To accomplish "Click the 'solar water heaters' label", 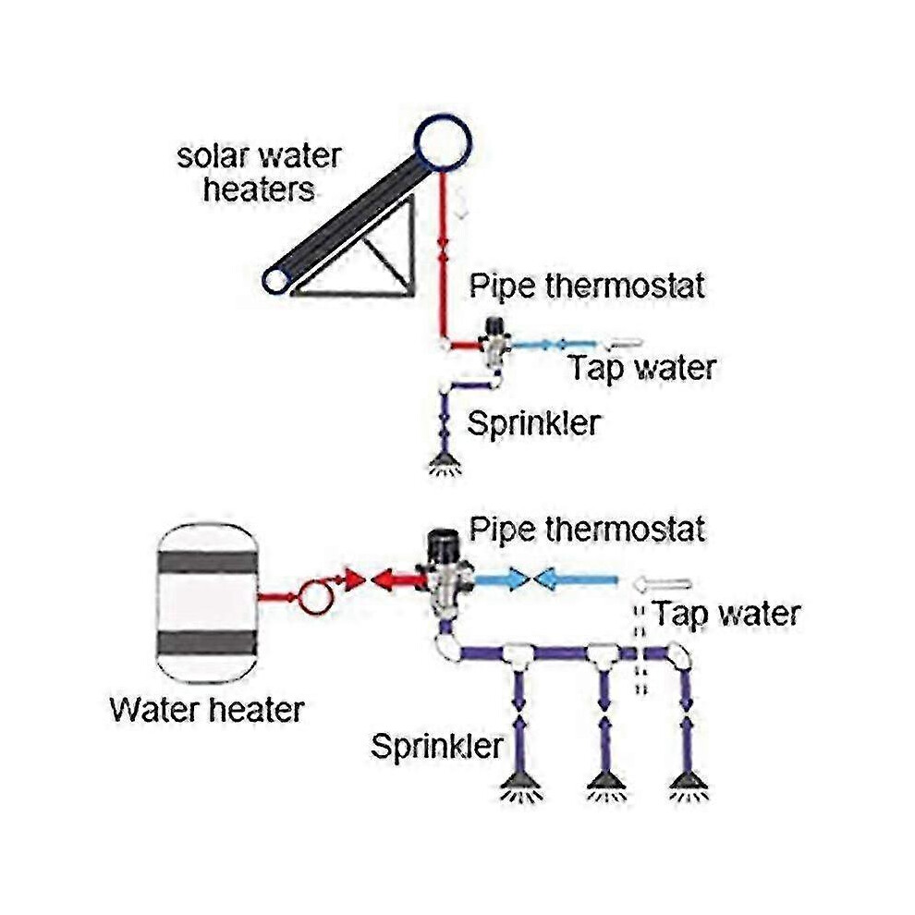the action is pyautogui.click(x=259, y=174).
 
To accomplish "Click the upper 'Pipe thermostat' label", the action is pyautogui.click(x=587, y=286).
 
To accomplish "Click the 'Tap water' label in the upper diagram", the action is pyautogui.click(x=642, y=368).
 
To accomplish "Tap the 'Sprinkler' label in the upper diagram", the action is pyautogui.click(x=533, y=423).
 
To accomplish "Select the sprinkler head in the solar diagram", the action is pyautogui.click(x=445, y=465).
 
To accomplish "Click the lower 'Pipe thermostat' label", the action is pyautogui.click(x=587, y=530).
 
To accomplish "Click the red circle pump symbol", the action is pyautogui.click(x=314, y=596).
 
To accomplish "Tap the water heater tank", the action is pyautogui.click(x=207, y=603).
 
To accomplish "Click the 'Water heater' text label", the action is pyautogui.click(x=207, y=710).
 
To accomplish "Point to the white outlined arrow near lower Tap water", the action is pyautogui.click(x=663, y=583).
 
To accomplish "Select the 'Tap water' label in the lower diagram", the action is pyautogui.click(x=726, y=614).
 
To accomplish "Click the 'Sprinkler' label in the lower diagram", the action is pyautogui.click(x=436, y=747).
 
